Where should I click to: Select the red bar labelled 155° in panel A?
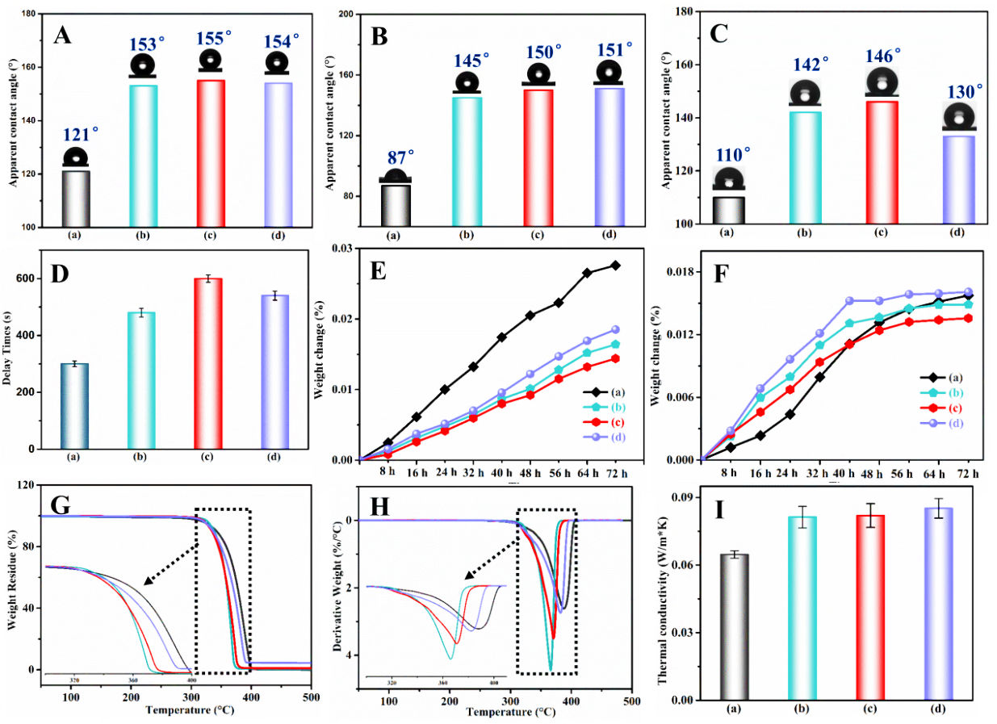tap(211, 153)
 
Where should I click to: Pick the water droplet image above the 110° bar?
tap(728, 178)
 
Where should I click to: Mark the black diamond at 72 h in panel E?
tap(614, 265)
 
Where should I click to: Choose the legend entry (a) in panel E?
tap(605, 391)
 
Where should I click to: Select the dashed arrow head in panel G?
tap(146, 580)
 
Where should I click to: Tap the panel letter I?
tap(720, 512)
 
